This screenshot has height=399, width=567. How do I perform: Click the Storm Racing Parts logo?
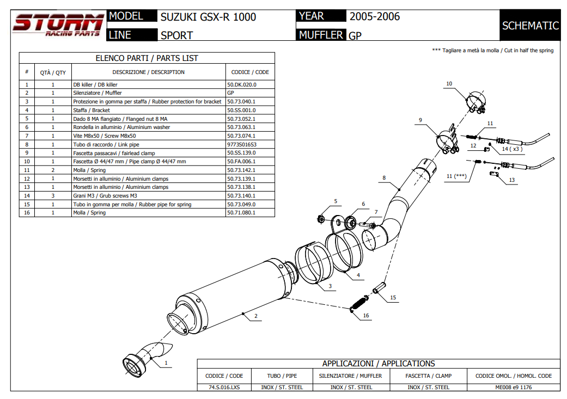pos(58,26)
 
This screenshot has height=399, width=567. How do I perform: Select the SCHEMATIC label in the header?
pos(530,26)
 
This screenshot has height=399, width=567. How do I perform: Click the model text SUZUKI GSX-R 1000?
pos(208,17)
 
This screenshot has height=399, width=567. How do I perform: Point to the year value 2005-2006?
pos(375,16)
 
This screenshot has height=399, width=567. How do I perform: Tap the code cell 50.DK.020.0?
pos(241,84)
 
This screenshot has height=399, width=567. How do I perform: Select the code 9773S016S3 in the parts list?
pos(241,144)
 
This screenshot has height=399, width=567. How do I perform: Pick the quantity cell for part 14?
pos(53,195)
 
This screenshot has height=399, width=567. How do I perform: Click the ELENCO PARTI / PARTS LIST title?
pos(147,58)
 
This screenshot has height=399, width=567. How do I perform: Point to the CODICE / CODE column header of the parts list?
pos(250,72)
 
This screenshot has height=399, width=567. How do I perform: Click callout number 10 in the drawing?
pos(449,84)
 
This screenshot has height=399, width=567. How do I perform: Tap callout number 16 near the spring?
pos(366,316)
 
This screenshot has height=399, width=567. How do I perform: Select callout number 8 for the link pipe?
pos(384,177)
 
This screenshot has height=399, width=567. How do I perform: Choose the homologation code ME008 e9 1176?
pos(514,387)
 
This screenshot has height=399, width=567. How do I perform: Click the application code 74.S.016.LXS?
pos(224,387)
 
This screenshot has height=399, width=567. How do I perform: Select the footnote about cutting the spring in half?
pos(492,50)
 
